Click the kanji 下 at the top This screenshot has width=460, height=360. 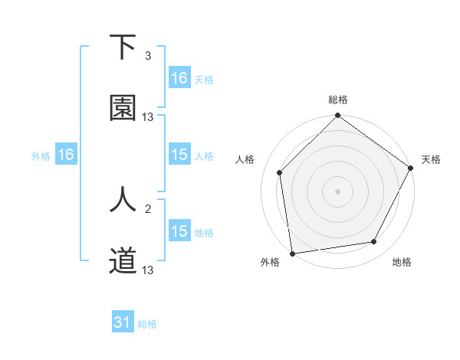tap(123, 47)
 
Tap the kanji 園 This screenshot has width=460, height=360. tap(123, 109)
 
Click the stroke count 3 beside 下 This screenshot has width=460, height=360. tap(148, 56)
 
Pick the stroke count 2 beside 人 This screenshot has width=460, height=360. tap(148, 208)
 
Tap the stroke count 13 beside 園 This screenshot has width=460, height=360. tap(148, 117)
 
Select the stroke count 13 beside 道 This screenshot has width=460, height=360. tap(148, 270)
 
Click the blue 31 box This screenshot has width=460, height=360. tap(123, 323)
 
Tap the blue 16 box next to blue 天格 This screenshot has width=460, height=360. tap(179, 78)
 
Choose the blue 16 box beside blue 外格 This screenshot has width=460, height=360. tap(66, 155)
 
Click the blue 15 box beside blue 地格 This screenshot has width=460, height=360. tap(179, 231)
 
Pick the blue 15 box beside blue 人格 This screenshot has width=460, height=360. tap(179, 155)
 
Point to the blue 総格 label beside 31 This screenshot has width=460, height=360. tap(147, 324)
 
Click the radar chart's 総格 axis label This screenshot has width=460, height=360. tap(338, 100)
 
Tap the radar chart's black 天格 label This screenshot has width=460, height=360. tap(431, 159)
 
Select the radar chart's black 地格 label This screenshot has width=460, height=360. tap(402, 263)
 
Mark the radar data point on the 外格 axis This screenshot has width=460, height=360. tap(292, 253)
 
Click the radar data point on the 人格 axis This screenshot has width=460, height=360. tap(280, 172)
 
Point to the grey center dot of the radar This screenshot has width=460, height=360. tap(337, 191)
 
